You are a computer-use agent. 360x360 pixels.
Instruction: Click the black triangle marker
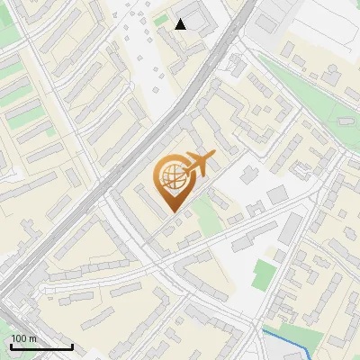click(x=181, y=24)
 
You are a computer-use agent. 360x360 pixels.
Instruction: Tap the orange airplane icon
click(x=200, y=165)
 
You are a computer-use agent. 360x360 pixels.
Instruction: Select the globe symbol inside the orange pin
click(x=171, y=177)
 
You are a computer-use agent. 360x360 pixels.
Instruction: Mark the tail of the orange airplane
click(x=186, y=174)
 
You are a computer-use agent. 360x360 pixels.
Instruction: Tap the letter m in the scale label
click(x=32, y=338)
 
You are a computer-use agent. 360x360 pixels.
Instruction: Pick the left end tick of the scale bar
click(x=10, y=346)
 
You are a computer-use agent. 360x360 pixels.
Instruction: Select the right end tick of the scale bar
click(x=72, y=346)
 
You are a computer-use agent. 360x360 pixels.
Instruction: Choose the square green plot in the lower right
click(x=264, y=274)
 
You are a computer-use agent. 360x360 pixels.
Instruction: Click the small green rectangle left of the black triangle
click(x=161, y=20)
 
